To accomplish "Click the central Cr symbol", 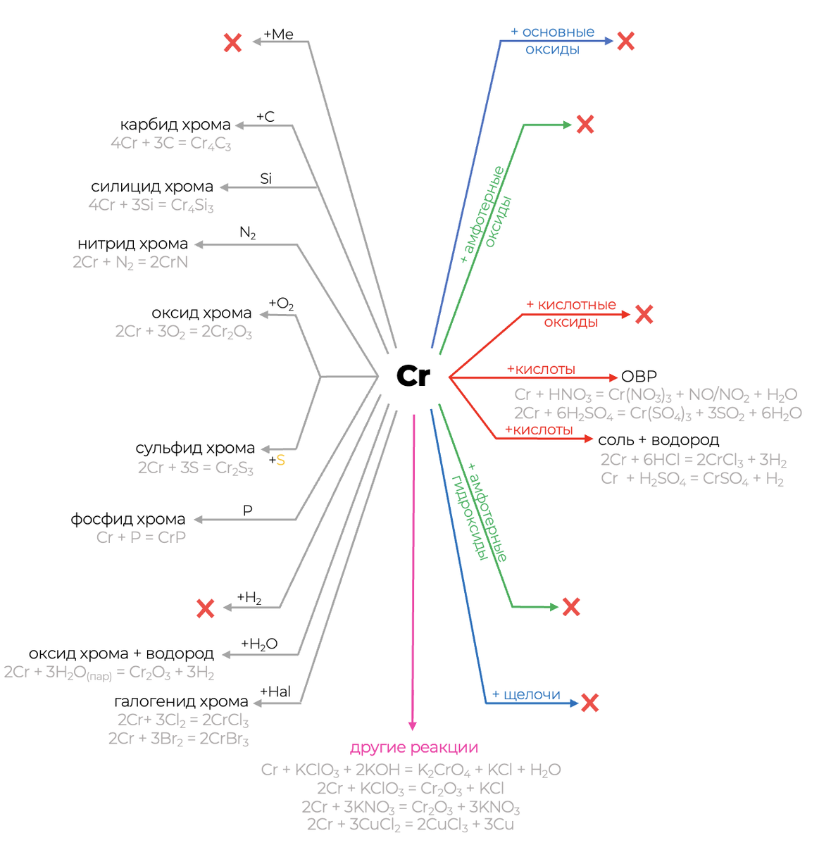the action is point(413,375).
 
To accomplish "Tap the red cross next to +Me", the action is point(232,42).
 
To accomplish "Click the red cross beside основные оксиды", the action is point(625,41).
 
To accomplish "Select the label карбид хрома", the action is point(175,125).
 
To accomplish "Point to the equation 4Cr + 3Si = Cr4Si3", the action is point(151,205).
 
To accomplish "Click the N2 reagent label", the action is point(247,232).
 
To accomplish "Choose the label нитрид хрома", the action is point(132,244).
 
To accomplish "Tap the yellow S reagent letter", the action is point(281,460).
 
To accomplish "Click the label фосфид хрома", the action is point(127,519).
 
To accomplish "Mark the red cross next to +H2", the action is point(206,608).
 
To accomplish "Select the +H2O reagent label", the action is point(259,644).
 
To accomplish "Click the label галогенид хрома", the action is point(181,701).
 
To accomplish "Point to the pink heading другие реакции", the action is point(414,747).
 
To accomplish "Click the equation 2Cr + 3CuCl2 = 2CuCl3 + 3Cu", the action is point(411,825).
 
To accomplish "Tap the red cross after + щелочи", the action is point(589,703).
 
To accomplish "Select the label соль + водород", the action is point(658,440).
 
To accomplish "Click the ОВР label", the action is point(639,376).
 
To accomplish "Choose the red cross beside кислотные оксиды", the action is point(644,314).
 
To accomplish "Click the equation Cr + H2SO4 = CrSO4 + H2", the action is point(692,478).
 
